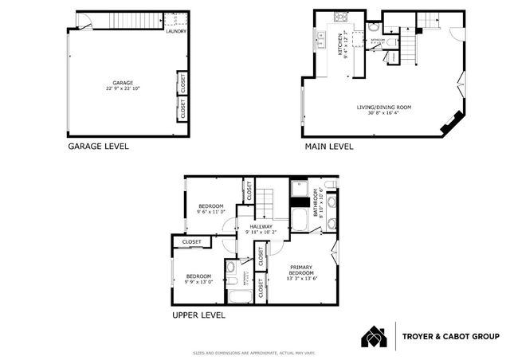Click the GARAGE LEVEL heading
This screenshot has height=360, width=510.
click(97, 146)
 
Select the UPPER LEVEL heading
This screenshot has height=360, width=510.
click(198, 315)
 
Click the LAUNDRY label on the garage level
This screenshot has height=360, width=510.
click(176, 31)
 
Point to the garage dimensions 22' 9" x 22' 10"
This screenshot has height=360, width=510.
click(122, 87)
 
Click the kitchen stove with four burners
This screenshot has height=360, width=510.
click(339, 17)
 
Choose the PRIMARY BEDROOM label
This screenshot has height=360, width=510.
click(301, 270)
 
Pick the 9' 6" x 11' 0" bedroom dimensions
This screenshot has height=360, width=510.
click(212, 212)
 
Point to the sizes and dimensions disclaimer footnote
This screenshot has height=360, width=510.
click(255, 353)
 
